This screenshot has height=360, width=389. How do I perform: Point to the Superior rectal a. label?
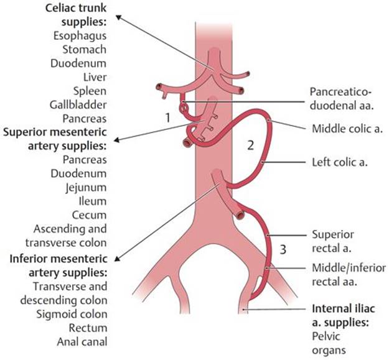[333, 241]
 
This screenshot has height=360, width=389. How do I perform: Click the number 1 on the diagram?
[167, 116]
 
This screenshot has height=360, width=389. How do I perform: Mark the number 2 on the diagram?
[250, 146]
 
